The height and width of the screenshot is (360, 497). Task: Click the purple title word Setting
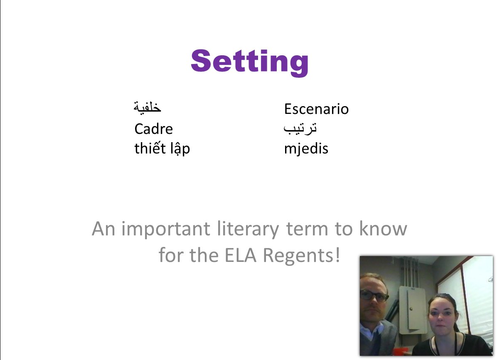click(x=249, y=62)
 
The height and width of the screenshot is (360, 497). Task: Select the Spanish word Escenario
click(x=316, y=109)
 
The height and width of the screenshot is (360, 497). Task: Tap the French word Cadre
click(x=154, y=129)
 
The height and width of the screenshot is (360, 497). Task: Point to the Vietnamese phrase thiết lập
click(x=162, y=148)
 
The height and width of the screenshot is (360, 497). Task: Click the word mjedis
click(x=306, y=148)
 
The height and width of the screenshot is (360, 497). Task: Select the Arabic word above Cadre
click(x=148, y=107)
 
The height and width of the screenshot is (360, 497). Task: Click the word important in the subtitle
click(x=165, y=229)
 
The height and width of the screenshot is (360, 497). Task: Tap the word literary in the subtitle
click(x=248, y=229)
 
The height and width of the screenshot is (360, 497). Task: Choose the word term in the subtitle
click(x=307, y=229)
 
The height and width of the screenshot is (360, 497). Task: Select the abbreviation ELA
click(x=240, y=255)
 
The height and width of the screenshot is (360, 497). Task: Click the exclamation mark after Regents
click(x=338, y=255)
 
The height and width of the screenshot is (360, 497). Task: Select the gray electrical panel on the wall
click(x=411, y=310)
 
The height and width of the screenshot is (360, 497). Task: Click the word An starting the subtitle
click(x=103, y=229)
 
